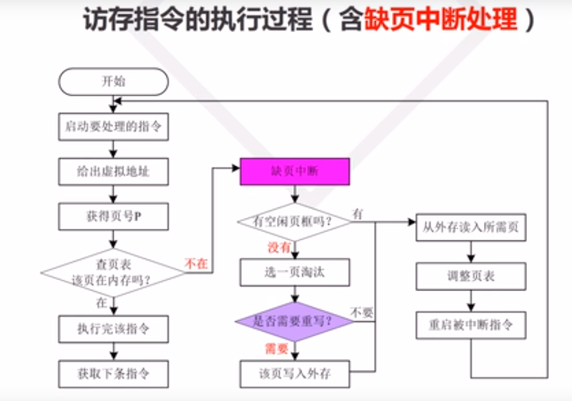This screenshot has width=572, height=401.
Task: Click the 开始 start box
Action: [x=113, y=82]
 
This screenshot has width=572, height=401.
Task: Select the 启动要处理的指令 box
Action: [x=113, y=127]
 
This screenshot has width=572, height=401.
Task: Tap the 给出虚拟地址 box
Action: [x=113, y=172]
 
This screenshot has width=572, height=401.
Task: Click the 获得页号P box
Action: [x=113, y=217]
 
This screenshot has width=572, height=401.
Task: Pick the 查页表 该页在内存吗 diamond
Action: [x=113, y=272]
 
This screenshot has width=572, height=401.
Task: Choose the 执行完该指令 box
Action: [x=113, y=329]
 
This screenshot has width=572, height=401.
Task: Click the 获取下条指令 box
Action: [x=113, y=373]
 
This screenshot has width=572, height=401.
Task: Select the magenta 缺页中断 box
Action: [x=295, y=172]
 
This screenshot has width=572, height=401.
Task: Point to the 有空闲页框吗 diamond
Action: [x=295, y=222]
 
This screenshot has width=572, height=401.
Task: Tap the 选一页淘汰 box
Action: [x=295, y=272]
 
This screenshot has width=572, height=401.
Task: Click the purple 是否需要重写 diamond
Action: [x=295, y=321]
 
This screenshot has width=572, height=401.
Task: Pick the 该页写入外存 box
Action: [x=295, y=373]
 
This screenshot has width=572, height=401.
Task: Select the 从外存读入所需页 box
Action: [x=471, y=227]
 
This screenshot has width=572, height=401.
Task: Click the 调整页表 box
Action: [x=471, y=276]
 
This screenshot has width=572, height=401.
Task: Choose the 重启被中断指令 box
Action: [x=471, y=324]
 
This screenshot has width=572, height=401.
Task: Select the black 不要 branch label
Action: [x=361, y=312]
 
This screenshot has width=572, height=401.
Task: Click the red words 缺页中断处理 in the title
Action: [x=442, y=20]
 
